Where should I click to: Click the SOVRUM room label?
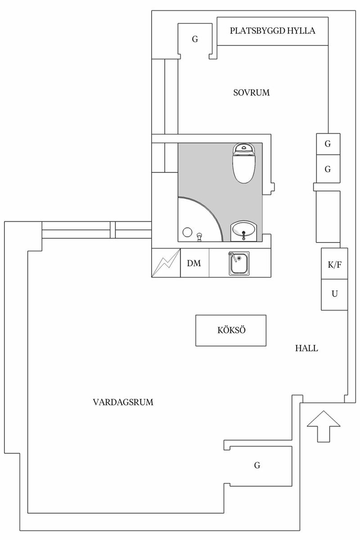pyautogui.click(x=251, y=93)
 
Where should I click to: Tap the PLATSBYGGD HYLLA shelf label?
pyautogui.click(x=272, y=31)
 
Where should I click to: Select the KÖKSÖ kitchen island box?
pyautogui.click(x=231, y=330)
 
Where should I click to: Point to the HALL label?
pyautogui.click(x=306, y=348)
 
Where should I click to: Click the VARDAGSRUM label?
pyautogui.click(x=123, y=402)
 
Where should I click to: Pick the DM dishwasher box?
pyautogui.click(x=194, y=263)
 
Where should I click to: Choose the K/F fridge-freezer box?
pyautogui.click(x=334, y=264)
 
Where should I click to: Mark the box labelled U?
pyautogui.click(x=334, y=294)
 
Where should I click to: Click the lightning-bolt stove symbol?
pyautogui.click(x=166, y=263)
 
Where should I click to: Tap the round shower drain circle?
pyautogui.click(x=188, y=233)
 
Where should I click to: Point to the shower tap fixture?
pyautogui.click(x=199, y=236)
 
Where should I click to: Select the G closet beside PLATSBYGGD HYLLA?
pyautogui.click(x=195, y=40)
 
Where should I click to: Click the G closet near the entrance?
pyautogui.click(x=257, y=465)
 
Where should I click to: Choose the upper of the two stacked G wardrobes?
pyautogui.click(x=328, y=144)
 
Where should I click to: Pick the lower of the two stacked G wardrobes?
pyautogui.click(x=328, y=170)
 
